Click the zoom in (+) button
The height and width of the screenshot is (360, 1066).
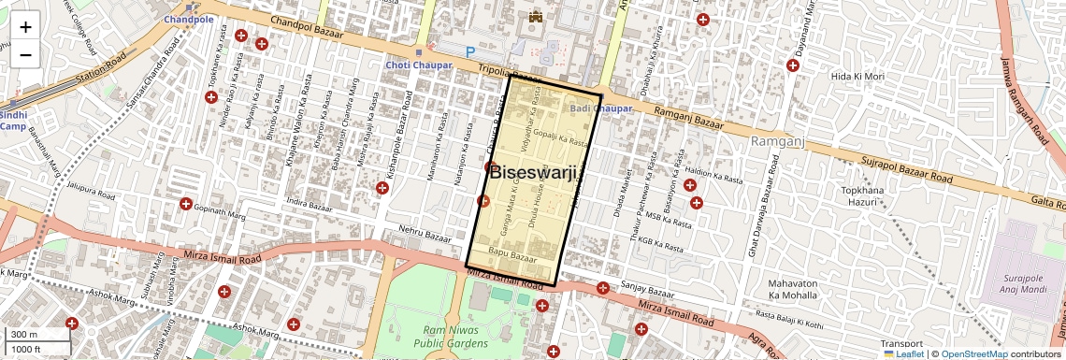[x=25, y=27]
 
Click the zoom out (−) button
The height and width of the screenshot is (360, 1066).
[x=25, y=55]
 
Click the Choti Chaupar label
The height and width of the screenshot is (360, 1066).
[x=419, y=65]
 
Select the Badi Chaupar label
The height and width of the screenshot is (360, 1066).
[x=601, y=109]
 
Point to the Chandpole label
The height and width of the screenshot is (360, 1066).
[x=188, y=19]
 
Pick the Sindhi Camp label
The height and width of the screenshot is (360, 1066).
[x=13, y=121]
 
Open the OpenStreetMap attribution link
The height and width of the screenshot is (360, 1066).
[x=974, y=354]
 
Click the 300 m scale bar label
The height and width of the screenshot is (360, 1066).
[x=24, y=335]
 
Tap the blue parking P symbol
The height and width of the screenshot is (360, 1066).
[x=469, y=51]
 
